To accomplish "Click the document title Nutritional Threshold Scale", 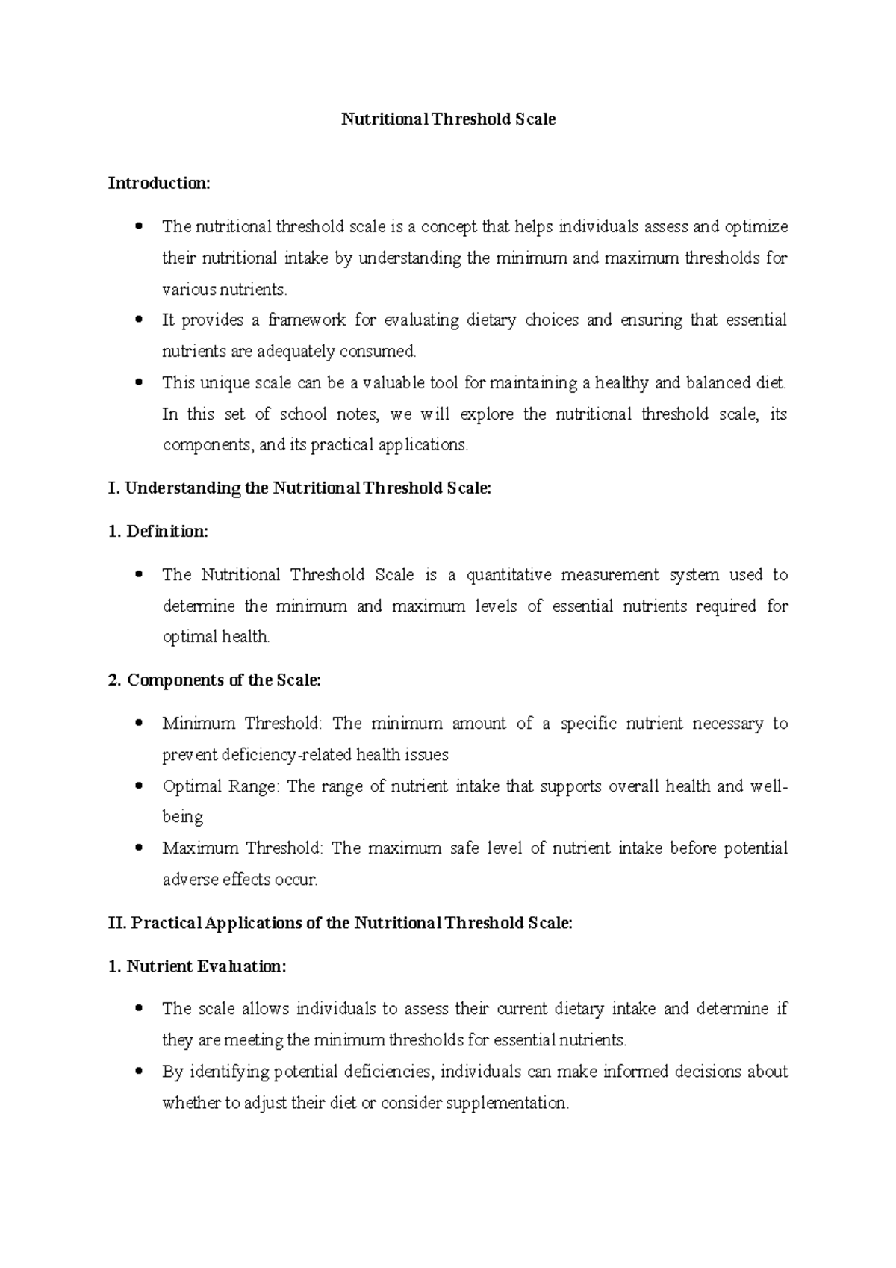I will [448, 119].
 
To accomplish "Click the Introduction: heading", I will [159, 183].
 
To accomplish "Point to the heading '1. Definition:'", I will [158, 532].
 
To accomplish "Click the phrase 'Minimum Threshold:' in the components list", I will [243, 724].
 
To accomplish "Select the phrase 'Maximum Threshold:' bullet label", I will [243, 848].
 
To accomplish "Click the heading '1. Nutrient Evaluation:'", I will [197, 966].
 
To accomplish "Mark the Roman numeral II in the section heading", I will [116, 923].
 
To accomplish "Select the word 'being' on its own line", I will [183, 817].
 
